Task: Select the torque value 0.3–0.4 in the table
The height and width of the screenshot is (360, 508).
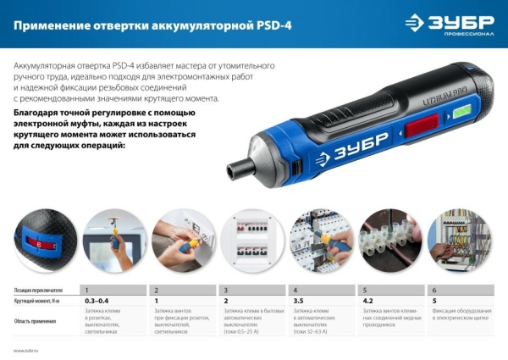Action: pos(96,301)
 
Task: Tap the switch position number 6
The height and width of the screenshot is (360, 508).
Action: pos(434,290)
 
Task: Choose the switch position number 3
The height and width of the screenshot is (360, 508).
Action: pos(225,290)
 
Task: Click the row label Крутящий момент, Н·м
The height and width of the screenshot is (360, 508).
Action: pos(39,301)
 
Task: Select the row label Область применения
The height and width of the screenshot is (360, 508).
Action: pos(36,321)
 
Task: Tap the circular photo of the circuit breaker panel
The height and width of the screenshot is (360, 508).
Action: pos(251,240)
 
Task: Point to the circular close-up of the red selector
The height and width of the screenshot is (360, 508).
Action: pos(43,240)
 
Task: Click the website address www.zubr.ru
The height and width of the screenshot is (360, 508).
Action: pos(27,349)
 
